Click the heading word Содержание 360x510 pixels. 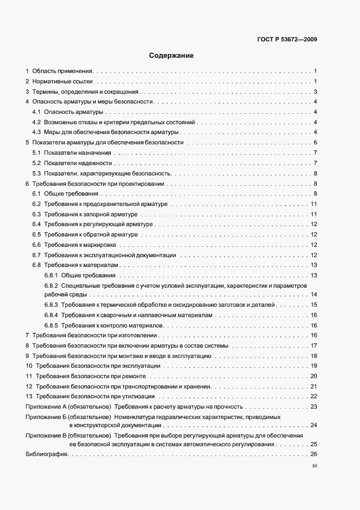coord(171,56)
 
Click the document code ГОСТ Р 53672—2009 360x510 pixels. coord(286,39)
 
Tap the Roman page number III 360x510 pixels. coord(314,466)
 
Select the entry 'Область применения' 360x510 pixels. coord(63,71)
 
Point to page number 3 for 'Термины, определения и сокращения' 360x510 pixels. coord(315,92)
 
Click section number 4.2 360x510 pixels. coord(36,122)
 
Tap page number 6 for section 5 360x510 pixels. coord(315,143)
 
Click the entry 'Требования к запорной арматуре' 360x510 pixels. coord(90,215)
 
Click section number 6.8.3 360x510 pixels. coord(51,305)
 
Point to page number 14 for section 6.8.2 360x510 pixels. coord(314,295)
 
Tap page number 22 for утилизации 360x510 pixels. coord(314,397)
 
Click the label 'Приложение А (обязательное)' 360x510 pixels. coord(69,407)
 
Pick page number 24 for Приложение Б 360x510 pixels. coord(314,425)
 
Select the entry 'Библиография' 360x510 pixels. coord(46,454)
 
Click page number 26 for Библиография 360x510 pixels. coord(314,454)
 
